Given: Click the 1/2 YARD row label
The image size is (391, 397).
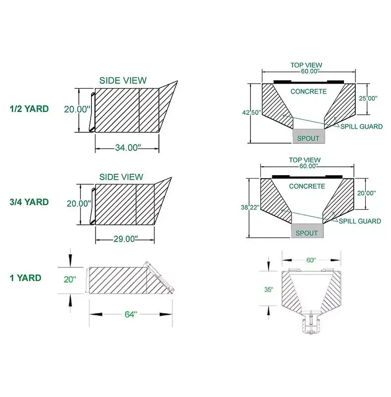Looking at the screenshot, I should point(30,109).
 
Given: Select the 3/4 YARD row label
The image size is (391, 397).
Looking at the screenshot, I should point(30,202).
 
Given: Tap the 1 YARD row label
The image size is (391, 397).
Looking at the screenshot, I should point(26,278).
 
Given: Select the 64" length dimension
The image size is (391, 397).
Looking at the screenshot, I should point(130,314).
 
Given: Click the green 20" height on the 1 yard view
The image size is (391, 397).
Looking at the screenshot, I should point(70,279).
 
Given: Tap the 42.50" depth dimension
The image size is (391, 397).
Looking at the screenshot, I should point(251,113).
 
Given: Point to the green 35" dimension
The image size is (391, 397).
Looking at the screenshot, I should point(268,290).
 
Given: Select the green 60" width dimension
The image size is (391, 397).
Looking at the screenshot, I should point(310,260).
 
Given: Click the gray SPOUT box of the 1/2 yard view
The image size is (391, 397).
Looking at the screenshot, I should point(309,138).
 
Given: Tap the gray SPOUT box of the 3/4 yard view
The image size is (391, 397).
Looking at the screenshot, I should point(307,232).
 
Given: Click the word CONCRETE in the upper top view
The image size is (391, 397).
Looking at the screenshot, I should point(308,92).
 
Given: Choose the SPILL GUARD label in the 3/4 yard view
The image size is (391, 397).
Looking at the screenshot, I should point(360,221).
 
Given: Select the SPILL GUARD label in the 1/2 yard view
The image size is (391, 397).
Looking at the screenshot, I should point(361,127).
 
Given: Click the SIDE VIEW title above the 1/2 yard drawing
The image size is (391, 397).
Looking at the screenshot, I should point(123,81).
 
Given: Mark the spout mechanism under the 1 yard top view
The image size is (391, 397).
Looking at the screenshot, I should point(311,324).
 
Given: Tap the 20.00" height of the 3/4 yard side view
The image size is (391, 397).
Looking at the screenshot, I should point(79,203).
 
